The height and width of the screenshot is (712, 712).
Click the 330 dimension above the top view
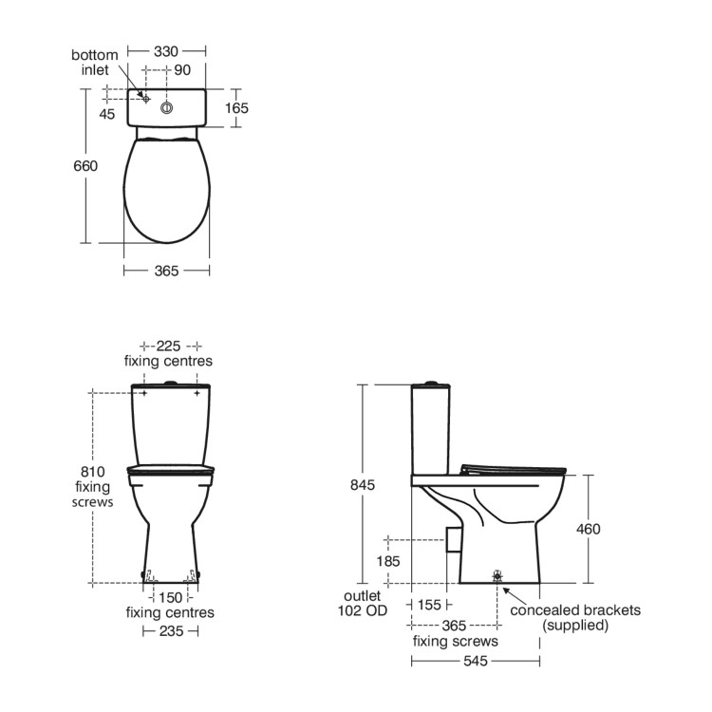166,51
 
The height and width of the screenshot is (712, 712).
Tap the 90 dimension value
182,70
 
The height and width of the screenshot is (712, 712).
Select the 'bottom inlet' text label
94,63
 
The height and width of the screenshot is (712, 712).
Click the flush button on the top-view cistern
167,108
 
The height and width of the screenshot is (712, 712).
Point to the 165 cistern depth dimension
236,108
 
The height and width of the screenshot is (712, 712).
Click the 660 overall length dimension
85,166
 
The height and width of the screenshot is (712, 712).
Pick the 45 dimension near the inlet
107,114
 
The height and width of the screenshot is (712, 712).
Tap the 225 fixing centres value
168,346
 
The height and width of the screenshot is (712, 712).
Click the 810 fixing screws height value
93,472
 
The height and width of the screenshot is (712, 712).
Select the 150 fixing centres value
170,597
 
